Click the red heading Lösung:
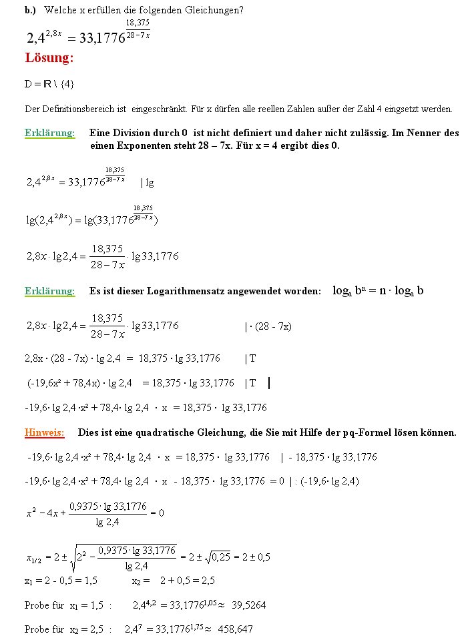(49, 58)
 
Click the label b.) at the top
(30, 11)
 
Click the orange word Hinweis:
(45, 432)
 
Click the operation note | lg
(147, 182)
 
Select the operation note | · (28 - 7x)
(268, 326)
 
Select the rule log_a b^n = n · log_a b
(378, 291)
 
